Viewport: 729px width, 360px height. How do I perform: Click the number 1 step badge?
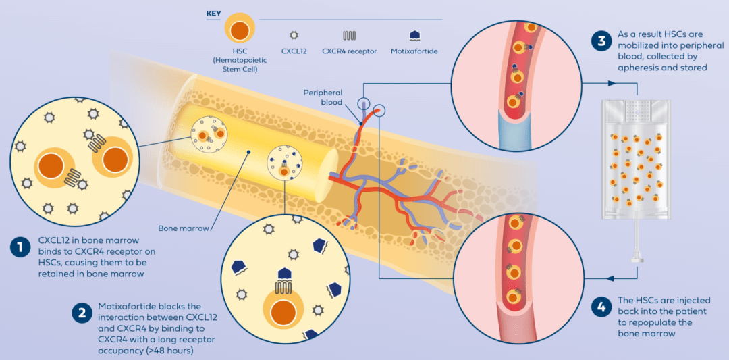pyautogui.click(x=21, y=247)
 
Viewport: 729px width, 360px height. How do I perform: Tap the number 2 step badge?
pyautogui.click(x=82, y=313)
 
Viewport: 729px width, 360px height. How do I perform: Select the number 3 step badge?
pyautogui.click(x=601, y=41)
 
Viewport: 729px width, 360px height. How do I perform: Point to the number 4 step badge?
pyautogui.click(x=601, y=307)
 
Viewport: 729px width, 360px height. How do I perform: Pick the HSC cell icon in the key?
pyautogui.click(x=238, y=31)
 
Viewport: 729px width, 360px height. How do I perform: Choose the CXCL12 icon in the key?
pyautogui.click(x=294, y=34)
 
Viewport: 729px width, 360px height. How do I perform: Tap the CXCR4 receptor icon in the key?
pyautogui.click(x=349, y=35)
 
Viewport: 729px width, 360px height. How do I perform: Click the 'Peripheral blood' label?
pyautogui.click(x=323, y=97)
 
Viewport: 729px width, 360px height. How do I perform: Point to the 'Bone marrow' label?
pyautogui.click(x=177, y=228)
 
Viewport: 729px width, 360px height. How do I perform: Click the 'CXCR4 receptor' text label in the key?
pyautogui.click(x=349, y=51)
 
